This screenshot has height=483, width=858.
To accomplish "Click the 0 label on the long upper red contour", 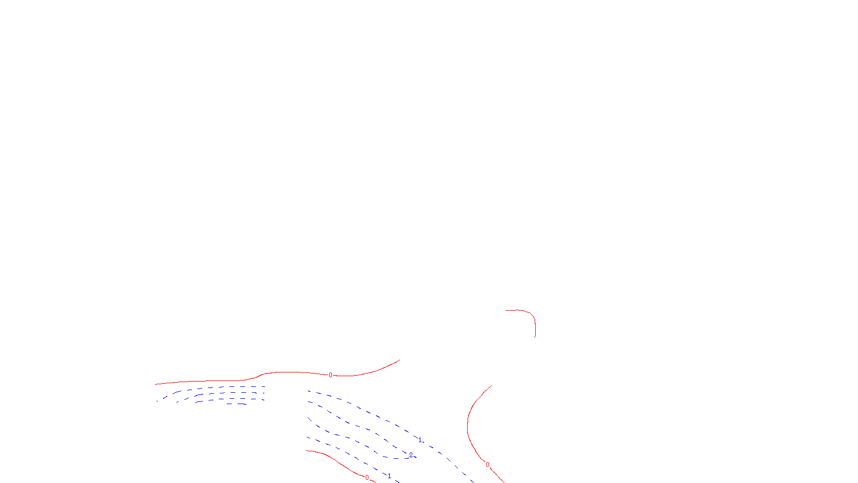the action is [x=330, y=375].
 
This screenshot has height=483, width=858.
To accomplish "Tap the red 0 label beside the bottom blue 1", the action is [x=367, y=477].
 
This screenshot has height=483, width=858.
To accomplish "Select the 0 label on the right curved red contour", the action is [x=487, y=465].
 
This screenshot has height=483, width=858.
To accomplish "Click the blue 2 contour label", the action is [x=411, y=455].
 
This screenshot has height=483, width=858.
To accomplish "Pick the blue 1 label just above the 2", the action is [x=419, y=440].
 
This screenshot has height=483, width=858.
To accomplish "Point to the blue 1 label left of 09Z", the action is [x=389, y=475].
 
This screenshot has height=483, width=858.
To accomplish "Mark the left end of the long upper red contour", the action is [x=156, y=384].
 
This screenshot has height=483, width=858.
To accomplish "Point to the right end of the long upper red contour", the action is [x=400, y=360].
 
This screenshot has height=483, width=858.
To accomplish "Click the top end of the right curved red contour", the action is [x=492, y=385].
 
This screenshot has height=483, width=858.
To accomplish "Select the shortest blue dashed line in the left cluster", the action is [x=236, y=404].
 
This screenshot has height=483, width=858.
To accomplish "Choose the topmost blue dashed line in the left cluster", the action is [x=225, y=387].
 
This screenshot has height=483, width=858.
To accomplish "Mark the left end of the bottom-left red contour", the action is [x=307, y=451].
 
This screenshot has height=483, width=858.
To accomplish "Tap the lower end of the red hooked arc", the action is [x=535, y=336].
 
